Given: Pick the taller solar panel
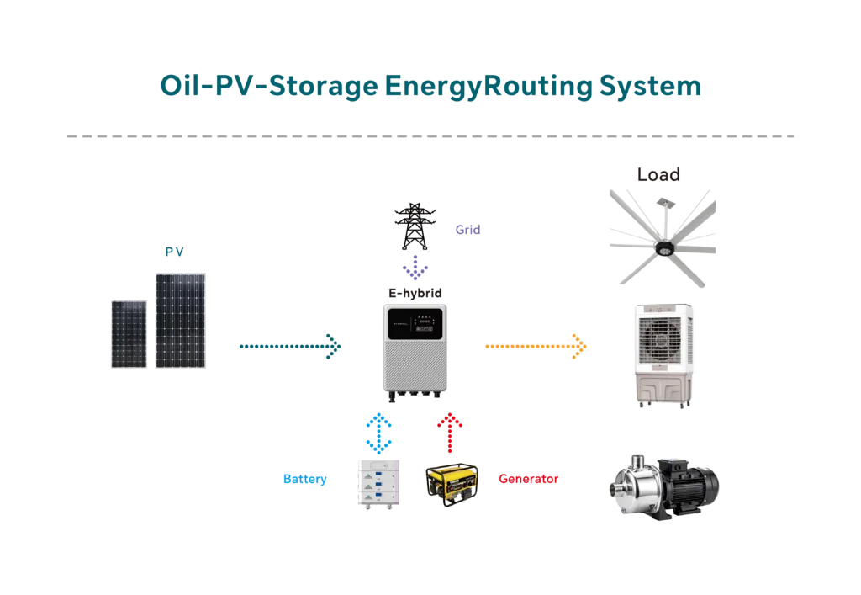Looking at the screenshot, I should tap(182, 320).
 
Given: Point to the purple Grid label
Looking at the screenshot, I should tap(467, 228).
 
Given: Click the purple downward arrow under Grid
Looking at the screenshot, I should tap(415, 266).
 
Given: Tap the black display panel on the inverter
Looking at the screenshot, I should tap(425, 321).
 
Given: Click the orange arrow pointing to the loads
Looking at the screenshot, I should tap(536, 346).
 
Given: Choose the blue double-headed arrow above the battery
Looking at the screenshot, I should tap(379, 433).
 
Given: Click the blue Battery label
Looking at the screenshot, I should tap(305, 480).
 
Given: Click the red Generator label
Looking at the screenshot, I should tap(529, 479).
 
